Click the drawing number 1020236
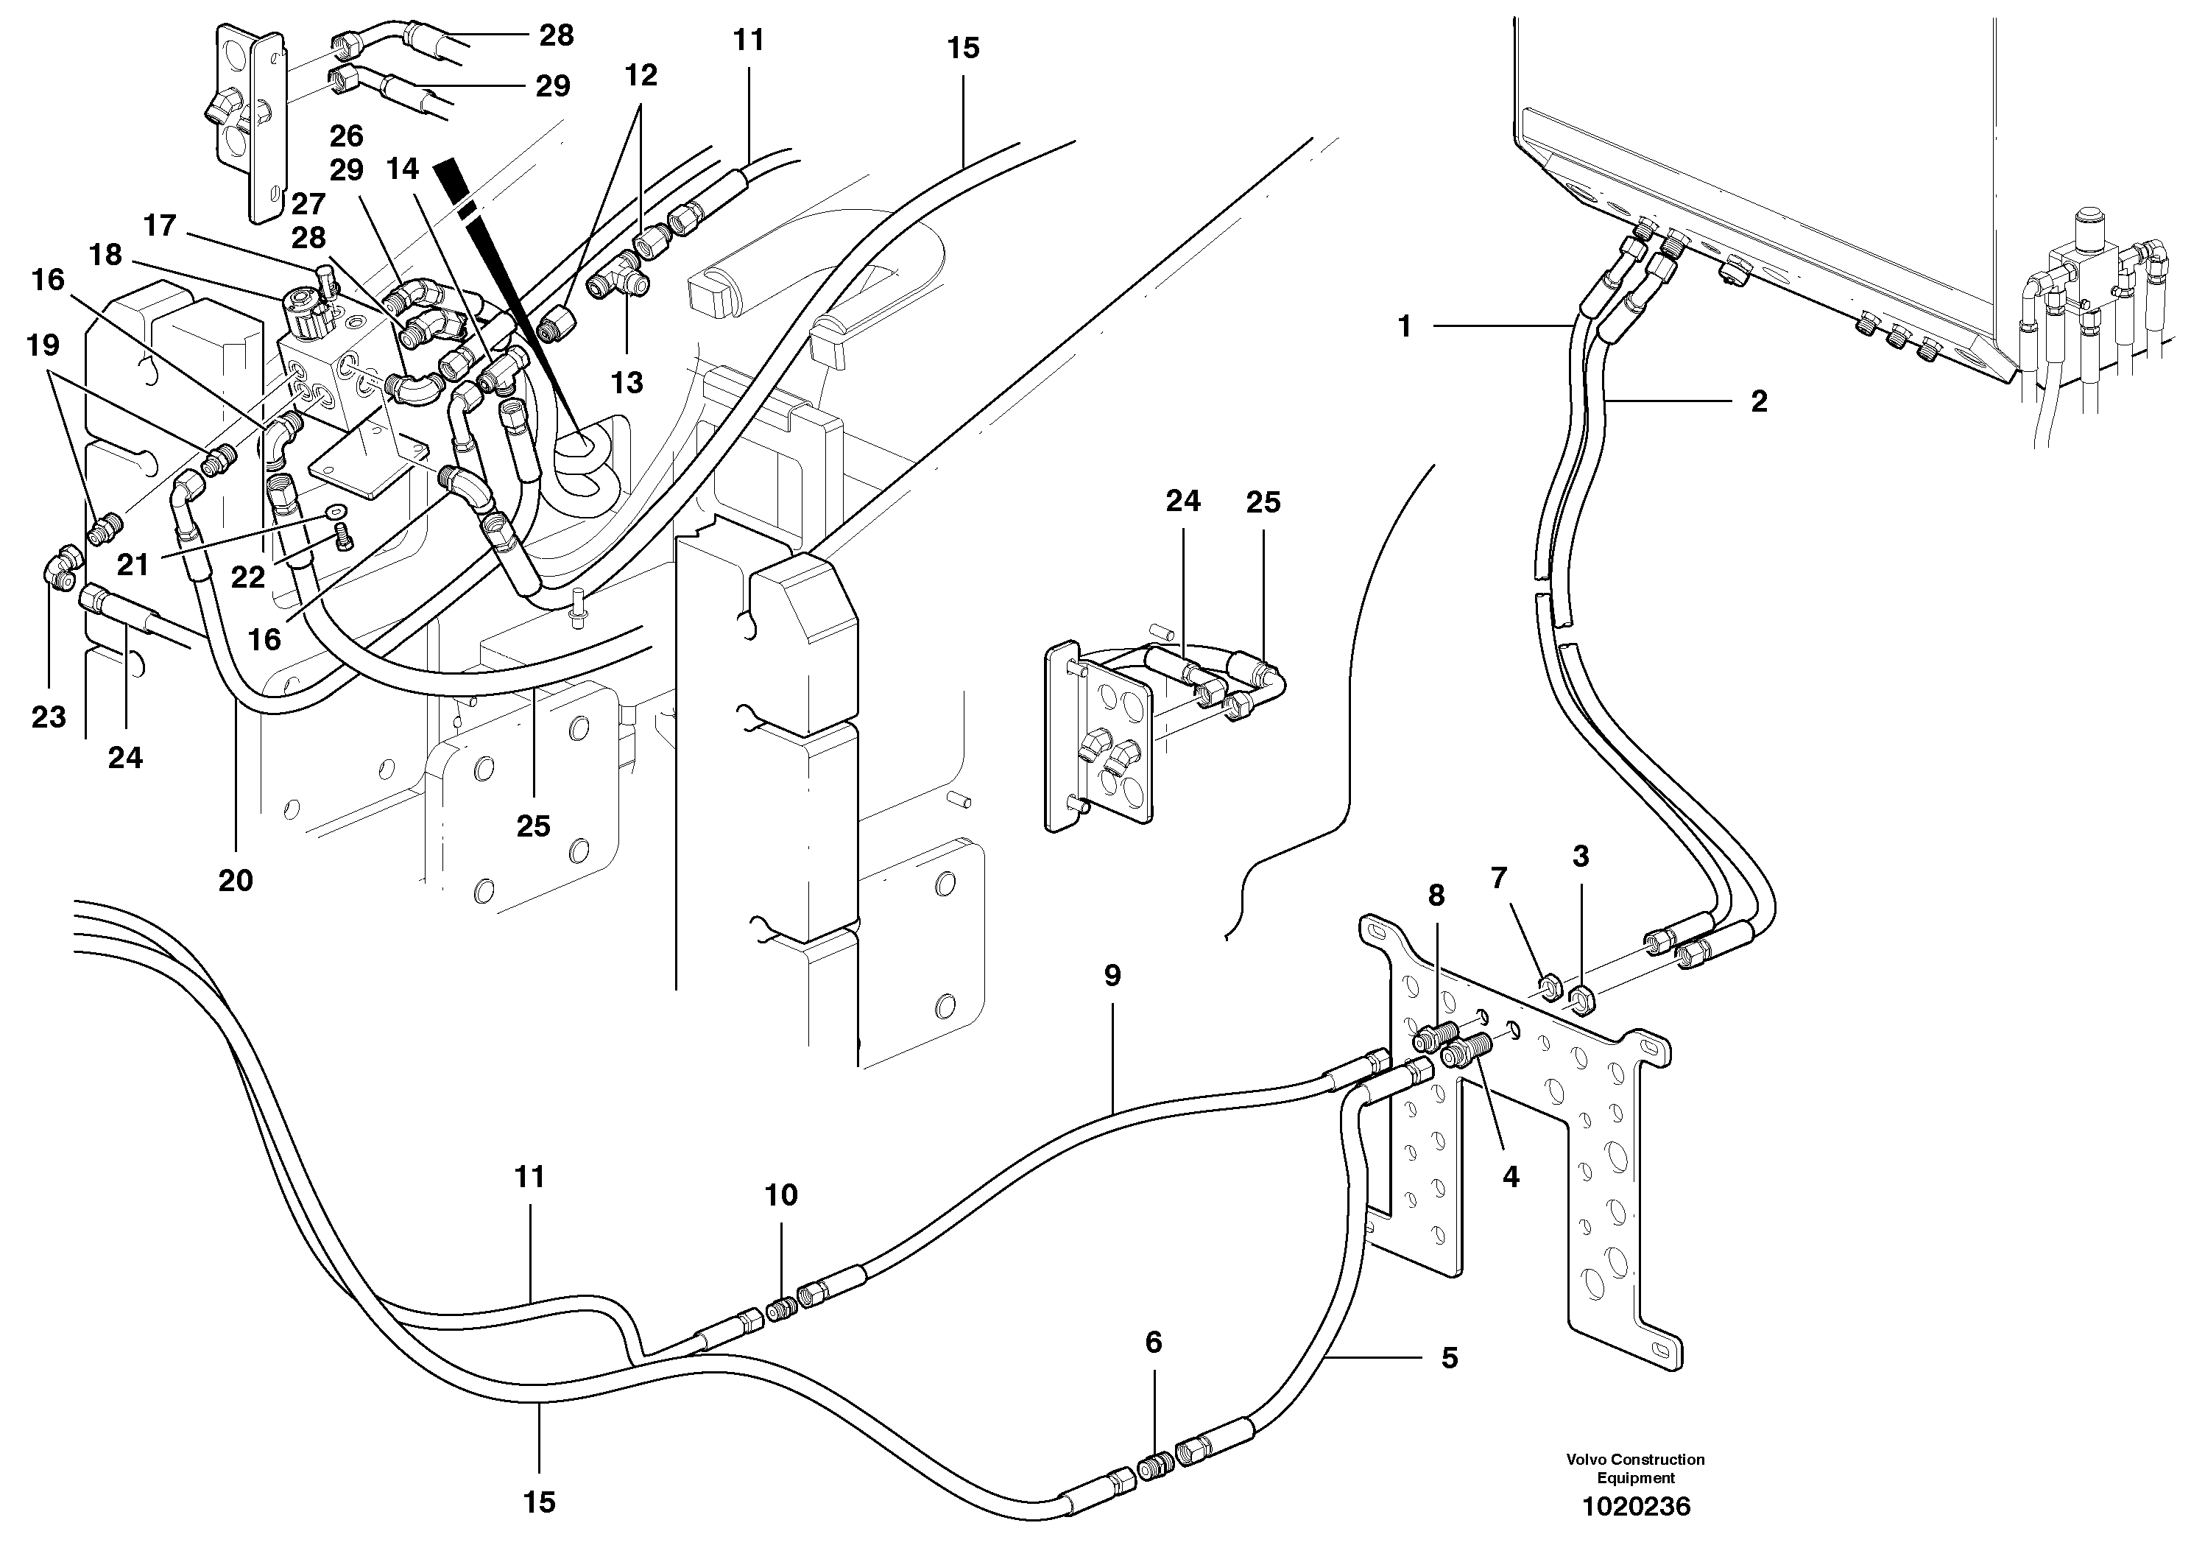click(1636, 1507)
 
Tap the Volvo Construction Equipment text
click(1636, 1468)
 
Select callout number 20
click(236, 880)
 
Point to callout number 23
click(49, 716)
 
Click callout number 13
click(627, 383)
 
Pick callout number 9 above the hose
click(1112, 974)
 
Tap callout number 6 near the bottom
click(1154, 1343)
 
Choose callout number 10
click(782, 1195)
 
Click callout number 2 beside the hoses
click(1759, 401)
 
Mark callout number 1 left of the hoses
click(1404, 326)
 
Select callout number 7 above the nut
click(1498, 876)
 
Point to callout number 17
click(160, 225)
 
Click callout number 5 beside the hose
click(1450, 1357)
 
